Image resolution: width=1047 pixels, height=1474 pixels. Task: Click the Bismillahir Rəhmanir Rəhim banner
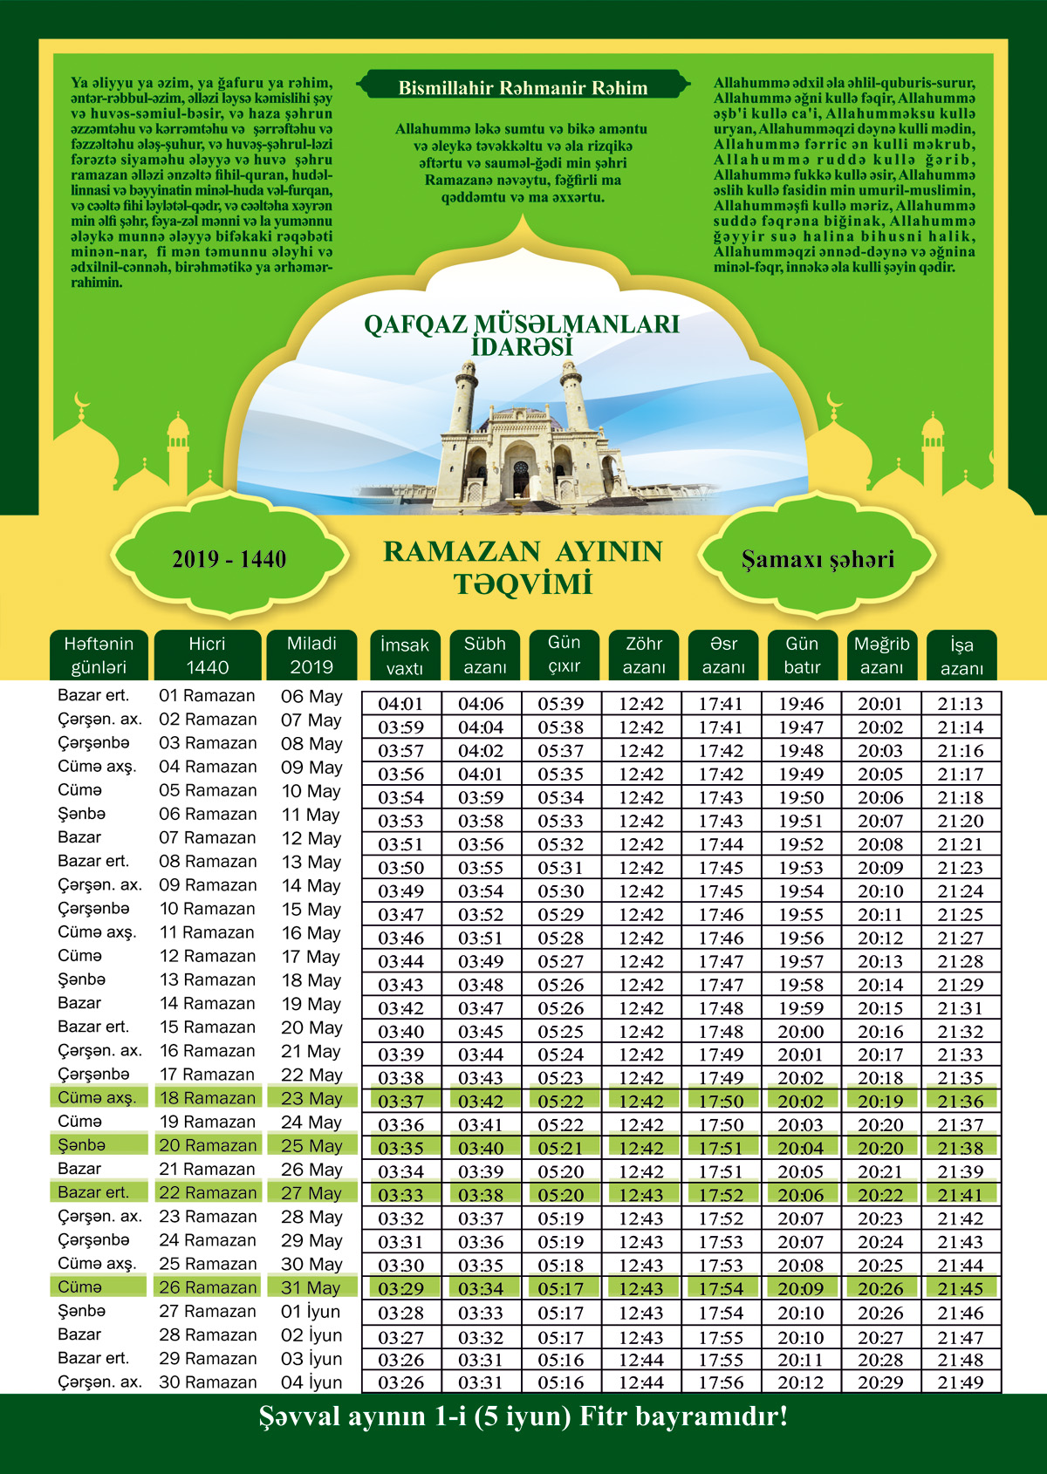(x=523, y=88)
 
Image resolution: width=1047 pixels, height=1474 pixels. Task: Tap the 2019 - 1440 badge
(x=229, y=559)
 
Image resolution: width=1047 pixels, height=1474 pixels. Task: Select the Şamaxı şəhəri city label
(x=818, y=559)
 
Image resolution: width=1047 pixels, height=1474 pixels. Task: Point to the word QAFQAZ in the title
(x=415, y=324)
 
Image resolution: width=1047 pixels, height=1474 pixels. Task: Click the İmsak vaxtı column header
(x=405, y=656)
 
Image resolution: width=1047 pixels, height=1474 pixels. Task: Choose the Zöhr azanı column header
(x=644, y=655)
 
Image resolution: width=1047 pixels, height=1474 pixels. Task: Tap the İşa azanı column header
(x=961, y=656)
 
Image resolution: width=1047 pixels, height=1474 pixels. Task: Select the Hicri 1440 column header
(x=207, y=655)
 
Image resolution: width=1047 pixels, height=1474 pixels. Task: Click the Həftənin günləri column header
(x=99, y=655)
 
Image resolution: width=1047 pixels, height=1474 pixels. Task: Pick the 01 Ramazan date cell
(x=208, y=696)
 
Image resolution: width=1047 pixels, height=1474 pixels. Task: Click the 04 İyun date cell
(x=311, y=1382)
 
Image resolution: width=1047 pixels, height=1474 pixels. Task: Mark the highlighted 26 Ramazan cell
(x=208, y=1287)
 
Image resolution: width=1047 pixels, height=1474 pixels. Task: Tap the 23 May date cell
(x=311, y=1099)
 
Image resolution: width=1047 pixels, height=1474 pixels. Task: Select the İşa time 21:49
(x=960, y=1382)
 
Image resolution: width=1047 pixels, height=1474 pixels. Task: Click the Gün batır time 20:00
(x=801, y=1031)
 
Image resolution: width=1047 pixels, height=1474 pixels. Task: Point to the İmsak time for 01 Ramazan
(x=400, y=704)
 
